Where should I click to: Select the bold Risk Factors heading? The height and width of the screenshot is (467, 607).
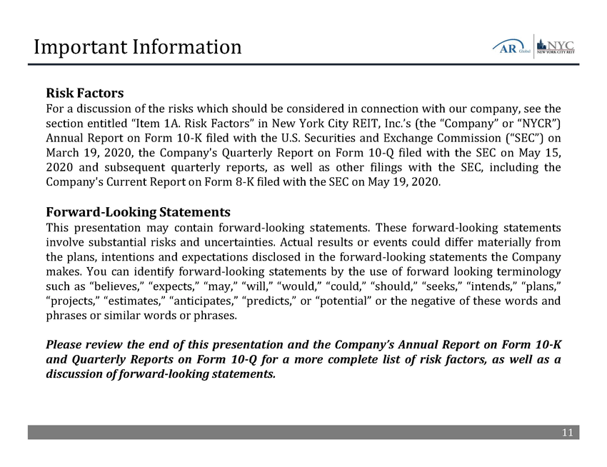pos(85,94)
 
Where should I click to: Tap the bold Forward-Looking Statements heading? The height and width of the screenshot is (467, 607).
pos(138,212)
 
